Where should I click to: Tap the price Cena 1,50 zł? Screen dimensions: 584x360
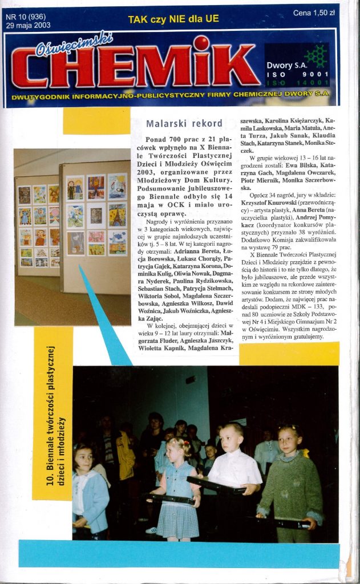click(314, 13)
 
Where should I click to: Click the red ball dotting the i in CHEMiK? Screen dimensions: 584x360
click(201, 43)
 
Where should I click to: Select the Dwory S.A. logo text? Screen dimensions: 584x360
click(285, 66)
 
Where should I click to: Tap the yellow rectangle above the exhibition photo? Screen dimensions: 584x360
click(96, 121)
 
